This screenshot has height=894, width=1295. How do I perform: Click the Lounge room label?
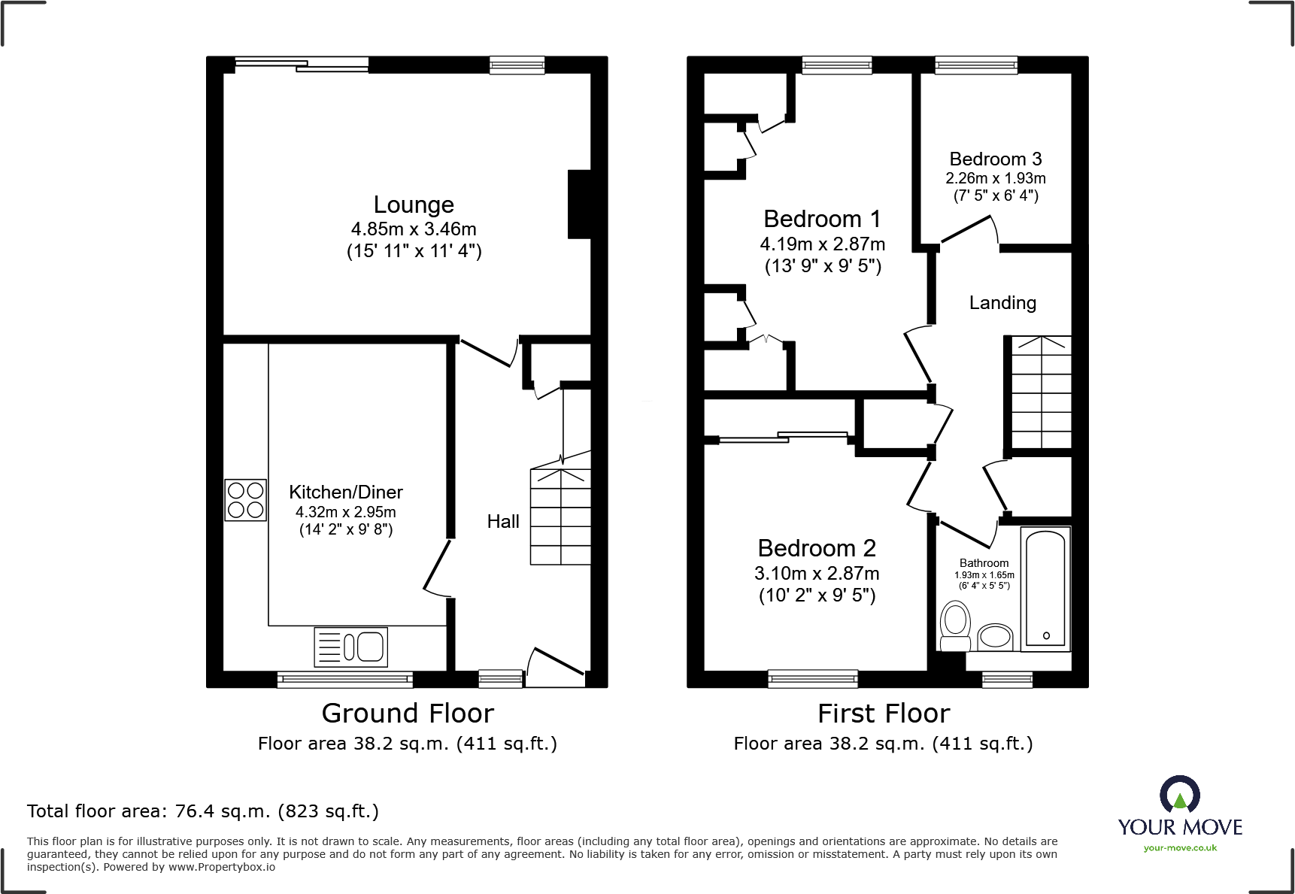pyautogui.click(x=414, y=205)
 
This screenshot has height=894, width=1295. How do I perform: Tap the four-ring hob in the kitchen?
pyautogui.click(x=245, y=500)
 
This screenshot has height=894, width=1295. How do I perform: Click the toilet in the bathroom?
pyautogui.click(x=956, y=627)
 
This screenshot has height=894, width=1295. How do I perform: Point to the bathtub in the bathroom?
pyautogui.click(x=1045, y=589)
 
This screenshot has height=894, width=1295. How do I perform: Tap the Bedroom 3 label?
pyautogui.click(x=995, y=159)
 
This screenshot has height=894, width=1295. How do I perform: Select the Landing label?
pyautogui.click(x=1002, y=303)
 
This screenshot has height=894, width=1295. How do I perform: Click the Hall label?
pyautogui.click(x=503, y=522)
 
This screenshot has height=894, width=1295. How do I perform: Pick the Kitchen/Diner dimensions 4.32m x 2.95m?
pyautogui.click(x=346, y=512)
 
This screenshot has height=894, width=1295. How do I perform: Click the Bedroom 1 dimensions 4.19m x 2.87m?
pyautogui.click(x=822, y=244)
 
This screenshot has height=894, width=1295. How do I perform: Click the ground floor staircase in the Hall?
pyautogui.click(x=560, y=517)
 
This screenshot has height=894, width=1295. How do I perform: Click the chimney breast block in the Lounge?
pyautogui.click(x=579, y=205)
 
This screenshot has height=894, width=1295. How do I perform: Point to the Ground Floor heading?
pyautogui.click(x=408, y=713)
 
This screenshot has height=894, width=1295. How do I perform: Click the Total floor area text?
pyautogui.click(x=203, y=811)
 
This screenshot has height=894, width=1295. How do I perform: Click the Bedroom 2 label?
pyautogui.click(x=817, y=548)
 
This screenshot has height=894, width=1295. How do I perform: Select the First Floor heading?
pyautogui.click(x=884, y=713)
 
